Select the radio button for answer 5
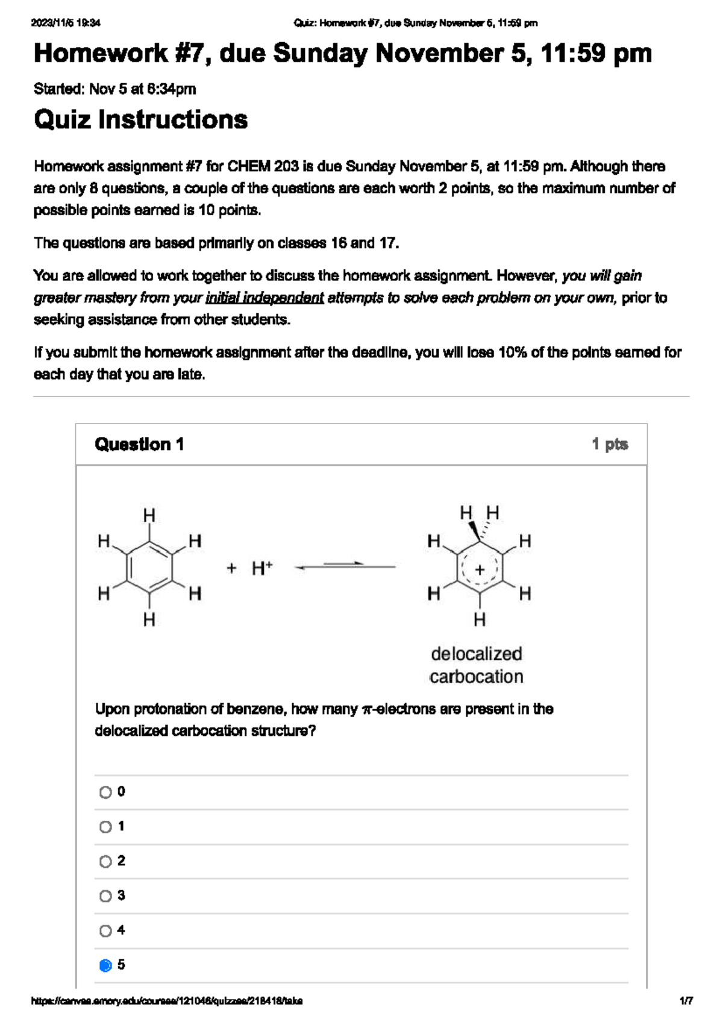pos(105,965)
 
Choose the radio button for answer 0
pos(105,792)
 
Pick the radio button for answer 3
pos(105,896)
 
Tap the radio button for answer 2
pos(105,861)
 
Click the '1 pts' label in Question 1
pos(610,445)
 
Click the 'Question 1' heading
pos(139,445)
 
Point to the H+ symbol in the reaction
pos(262,568)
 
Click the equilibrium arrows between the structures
pos(345,566)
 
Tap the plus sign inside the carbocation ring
pos(480,569)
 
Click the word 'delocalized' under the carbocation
pos(477,654)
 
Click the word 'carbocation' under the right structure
pos(477,677)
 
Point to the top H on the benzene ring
pos(149,515)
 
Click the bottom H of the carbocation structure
pos(480,619)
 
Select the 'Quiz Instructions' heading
pos(140,119)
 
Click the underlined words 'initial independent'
pos(264,298)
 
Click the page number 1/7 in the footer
pos(686,1001)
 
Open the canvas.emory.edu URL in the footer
pos(167,1001)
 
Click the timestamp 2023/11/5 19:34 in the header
pos(66,23)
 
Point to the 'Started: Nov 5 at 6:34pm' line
pos(114,89)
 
